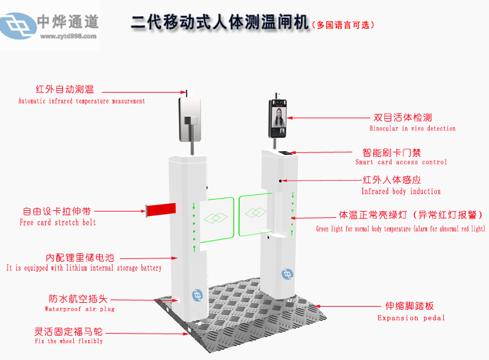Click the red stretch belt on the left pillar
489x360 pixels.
161,208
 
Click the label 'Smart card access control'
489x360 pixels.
401,162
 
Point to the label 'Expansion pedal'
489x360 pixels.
411,318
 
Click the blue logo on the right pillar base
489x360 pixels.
288,274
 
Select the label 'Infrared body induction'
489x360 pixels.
401,192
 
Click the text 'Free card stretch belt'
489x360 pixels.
58,222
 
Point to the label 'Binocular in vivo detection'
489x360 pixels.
412,129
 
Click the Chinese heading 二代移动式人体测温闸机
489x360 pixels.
219,24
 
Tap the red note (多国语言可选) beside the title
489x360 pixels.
342,25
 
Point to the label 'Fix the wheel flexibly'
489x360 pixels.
68,341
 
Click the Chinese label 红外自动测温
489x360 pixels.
65,89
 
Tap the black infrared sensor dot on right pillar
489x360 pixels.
281,181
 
